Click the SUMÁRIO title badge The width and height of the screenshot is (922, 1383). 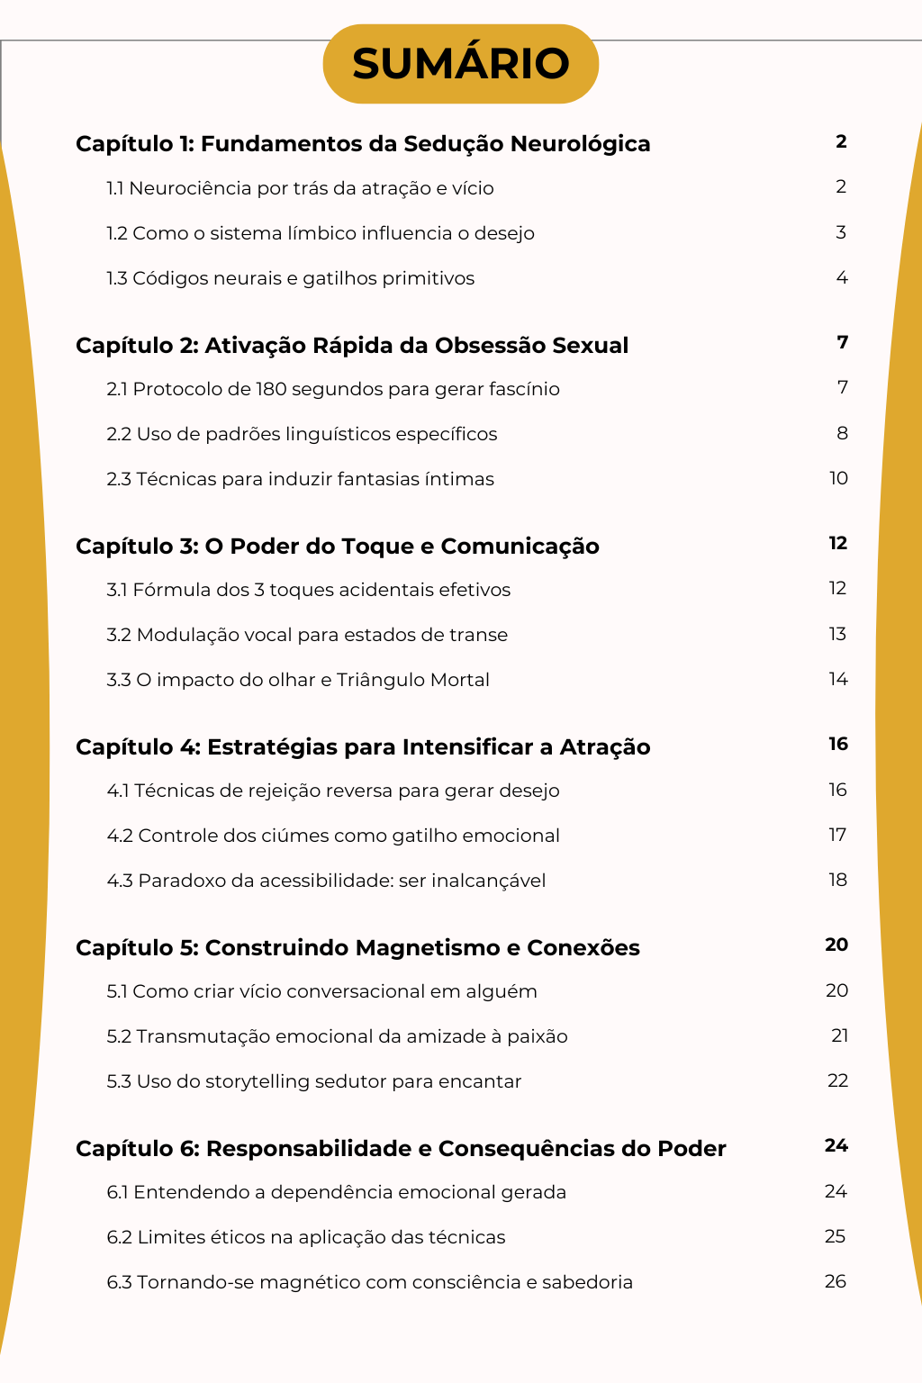(460, 64)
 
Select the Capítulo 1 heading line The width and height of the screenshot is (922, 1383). (363, 144)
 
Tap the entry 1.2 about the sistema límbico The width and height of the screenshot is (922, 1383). (320, 233)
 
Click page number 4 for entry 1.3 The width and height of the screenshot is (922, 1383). (842, 277)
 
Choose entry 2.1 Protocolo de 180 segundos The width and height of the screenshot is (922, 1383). (332, 389)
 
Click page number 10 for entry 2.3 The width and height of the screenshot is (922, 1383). (838, 478)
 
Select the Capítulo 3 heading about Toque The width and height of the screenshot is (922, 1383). (337, 547)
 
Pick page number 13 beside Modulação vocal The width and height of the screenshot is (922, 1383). (837, 634)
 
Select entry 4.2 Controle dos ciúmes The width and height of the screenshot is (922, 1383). (333, 836)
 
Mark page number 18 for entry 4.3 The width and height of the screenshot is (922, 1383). (837, 880)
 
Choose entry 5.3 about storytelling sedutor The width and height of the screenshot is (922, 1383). (313, 1081)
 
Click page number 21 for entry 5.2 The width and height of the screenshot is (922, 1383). (839, 1035)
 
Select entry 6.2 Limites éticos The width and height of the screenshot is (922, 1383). (305, 1237)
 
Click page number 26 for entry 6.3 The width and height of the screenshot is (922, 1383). (835, 1281)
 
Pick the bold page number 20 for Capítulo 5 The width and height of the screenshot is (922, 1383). (836, 945)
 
